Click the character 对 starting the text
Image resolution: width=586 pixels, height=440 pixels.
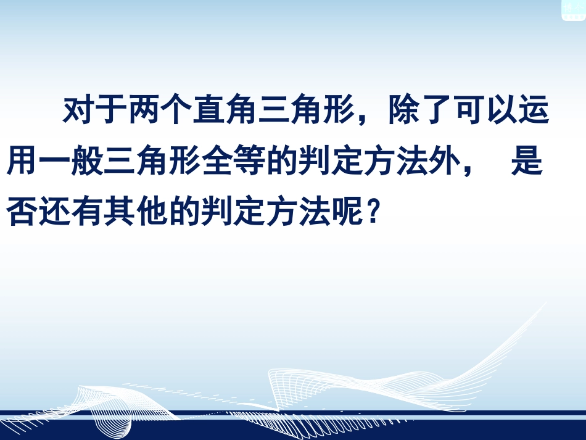[78, 112]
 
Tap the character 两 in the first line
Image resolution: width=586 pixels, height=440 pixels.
[144, 112]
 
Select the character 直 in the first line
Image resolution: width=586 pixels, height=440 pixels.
[208, 112]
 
